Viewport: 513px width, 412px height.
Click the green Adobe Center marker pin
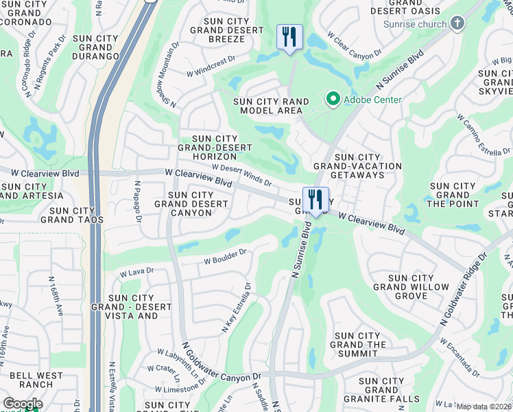333,100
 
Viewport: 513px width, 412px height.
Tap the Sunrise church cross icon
457,24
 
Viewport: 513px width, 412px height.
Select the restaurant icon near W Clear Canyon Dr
289,36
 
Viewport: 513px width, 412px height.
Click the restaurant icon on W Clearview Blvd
315,200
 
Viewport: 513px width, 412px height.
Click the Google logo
23,404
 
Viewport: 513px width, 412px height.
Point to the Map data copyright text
484,407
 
